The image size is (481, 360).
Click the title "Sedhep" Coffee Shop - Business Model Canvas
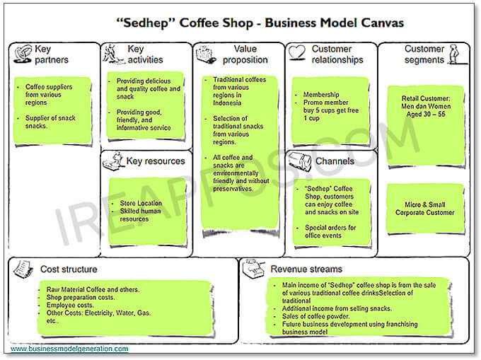(x=260, y=23)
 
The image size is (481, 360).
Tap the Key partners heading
(x=51, y=54)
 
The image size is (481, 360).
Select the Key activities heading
(x=144, y=54)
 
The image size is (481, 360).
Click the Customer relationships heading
(x=332, y=54)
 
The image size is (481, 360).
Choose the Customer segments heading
(x=424, y=54)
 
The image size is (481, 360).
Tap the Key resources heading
(x=155, y=161)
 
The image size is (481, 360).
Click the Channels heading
(x=335, y=161)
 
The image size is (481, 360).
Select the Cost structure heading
(x=69, y=269)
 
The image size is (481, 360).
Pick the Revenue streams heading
(x=306, y=269)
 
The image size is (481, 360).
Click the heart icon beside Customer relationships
(x=297, y=50)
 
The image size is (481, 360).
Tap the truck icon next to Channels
(x=299, y=162)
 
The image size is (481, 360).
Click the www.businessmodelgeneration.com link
(x=69, y=349)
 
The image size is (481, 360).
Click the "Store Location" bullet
(x=141, y=204)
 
